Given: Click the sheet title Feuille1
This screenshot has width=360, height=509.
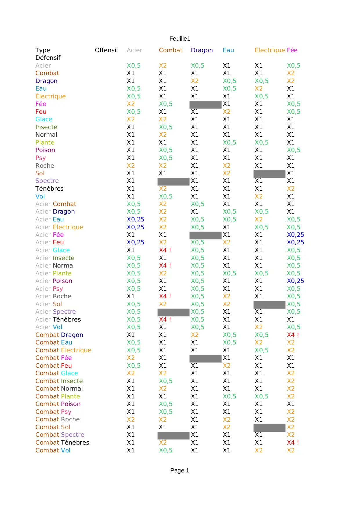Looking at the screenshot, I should [180, 39].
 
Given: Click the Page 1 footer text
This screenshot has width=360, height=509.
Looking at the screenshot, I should [180, 470].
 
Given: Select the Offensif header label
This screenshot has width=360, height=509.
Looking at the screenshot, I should [106, 50].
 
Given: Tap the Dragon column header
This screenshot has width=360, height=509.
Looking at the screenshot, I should [202, 50].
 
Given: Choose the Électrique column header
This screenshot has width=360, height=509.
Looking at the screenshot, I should [270, 50].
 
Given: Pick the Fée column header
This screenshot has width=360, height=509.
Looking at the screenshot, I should [292, 50].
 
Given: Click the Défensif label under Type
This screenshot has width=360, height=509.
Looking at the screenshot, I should [48, 58].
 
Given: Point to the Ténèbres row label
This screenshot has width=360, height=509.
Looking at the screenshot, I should [49, 189].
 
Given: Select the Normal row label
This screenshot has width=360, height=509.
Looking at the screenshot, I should [46, 135].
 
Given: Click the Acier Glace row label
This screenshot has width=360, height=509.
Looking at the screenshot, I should [53, 250].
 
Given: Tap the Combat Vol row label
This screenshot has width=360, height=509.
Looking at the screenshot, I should [53, 450].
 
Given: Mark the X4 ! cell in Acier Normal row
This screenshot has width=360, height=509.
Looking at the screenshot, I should [165, 266].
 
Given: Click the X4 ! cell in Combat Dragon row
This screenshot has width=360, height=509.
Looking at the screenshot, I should [293, 335].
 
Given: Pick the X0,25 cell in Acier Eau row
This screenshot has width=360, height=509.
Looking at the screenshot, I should [135, 219].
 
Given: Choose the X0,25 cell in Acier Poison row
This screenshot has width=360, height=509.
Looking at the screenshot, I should [295, 281].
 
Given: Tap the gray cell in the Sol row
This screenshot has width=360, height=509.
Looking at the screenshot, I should [269, 174].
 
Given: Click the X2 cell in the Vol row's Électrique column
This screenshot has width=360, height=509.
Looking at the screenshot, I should [258, 196].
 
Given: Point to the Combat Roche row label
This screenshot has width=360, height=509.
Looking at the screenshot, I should [57, 419].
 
